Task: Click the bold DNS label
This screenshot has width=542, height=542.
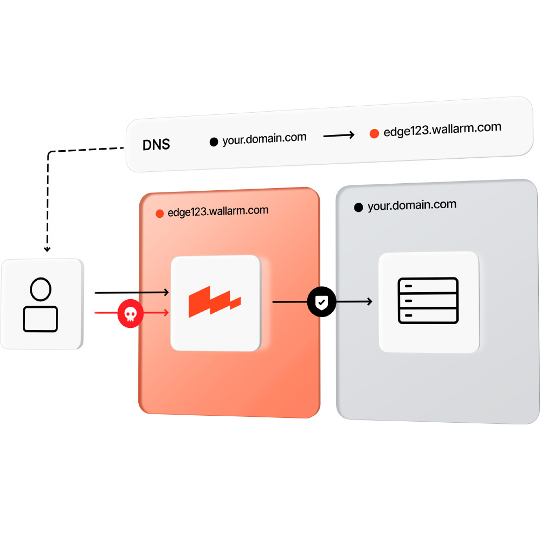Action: tap(156, 145)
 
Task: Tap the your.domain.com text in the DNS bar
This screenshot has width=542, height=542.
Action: tap(264, 138)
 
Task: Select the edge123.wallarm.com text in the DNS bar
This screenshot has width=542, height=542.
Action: tap(442, 130)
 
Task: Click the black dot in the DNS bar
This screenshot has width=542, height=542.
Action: tap(214, 142)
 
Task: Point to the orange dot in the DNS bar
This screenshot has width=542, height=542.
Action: tap(374, 133)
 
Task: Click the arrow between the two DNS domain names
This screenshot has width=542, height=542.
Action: tap(339, 135)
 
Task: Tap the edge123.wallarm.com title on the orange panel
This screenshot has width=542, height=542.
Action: tap(218, 211)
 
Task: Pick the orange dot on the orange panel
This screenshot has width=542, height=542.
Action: tap(159, 214)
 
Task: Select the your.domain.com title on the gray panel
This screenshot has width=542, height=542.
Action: tap(412, 205)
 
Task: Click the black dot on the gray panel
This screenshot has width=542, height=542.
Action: tap(358, 208)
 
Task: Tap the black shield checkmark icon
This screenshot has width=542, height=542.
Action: tap(322, 302)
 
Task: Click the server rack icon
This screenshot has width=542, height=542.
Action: tap(428, 301)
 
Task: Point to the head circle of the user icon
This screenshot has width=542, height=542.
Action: tap(41, 289)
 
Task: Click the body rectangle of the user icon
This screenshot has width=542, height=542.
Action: tap(41, 319)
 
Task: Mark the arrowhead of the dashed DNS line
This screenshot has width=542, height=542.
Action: tap(47, 249)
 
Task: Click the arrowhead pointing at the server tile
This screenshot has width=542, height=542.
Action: tap(369, 302)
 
